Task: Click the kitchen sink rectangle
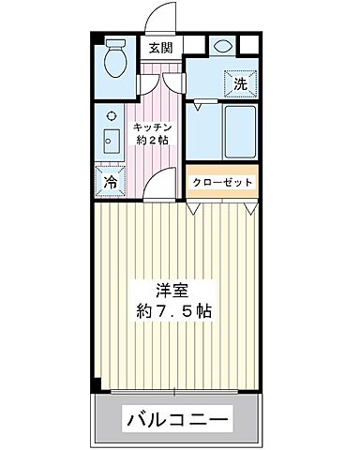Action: click(110, 145)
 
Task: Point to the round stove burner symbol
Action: click(111, 116)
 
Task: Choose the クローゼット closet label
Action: click(222, 181)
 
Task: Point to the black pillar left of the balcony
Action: click(95, 386)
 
